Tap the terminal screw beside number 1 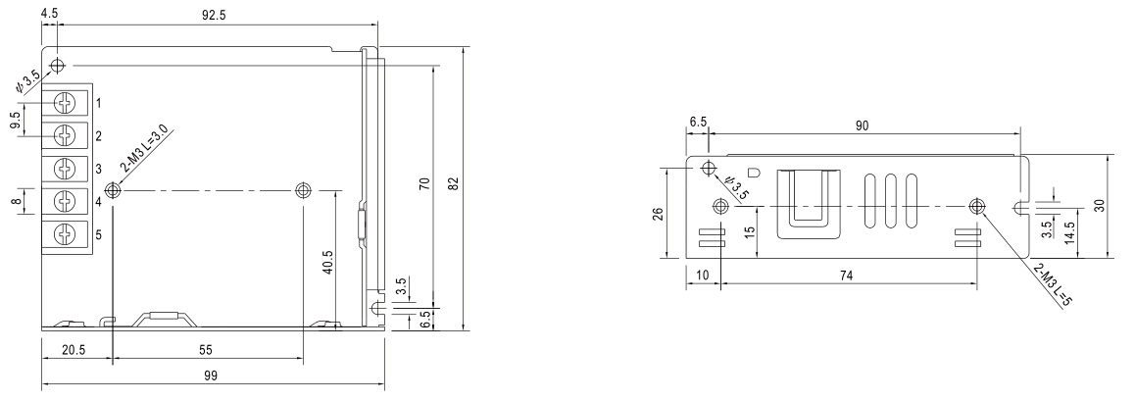[x=66, y=101]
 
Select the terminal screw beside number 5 [x=66, y=234]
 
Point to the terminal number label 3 [x=99, y=168]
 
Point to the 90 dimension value [x=862, y=125]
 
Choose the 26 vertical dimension [x=658, y=213]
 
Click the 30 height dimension [x=1100, y=206]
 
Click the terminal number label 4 [x=99, y=201]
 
